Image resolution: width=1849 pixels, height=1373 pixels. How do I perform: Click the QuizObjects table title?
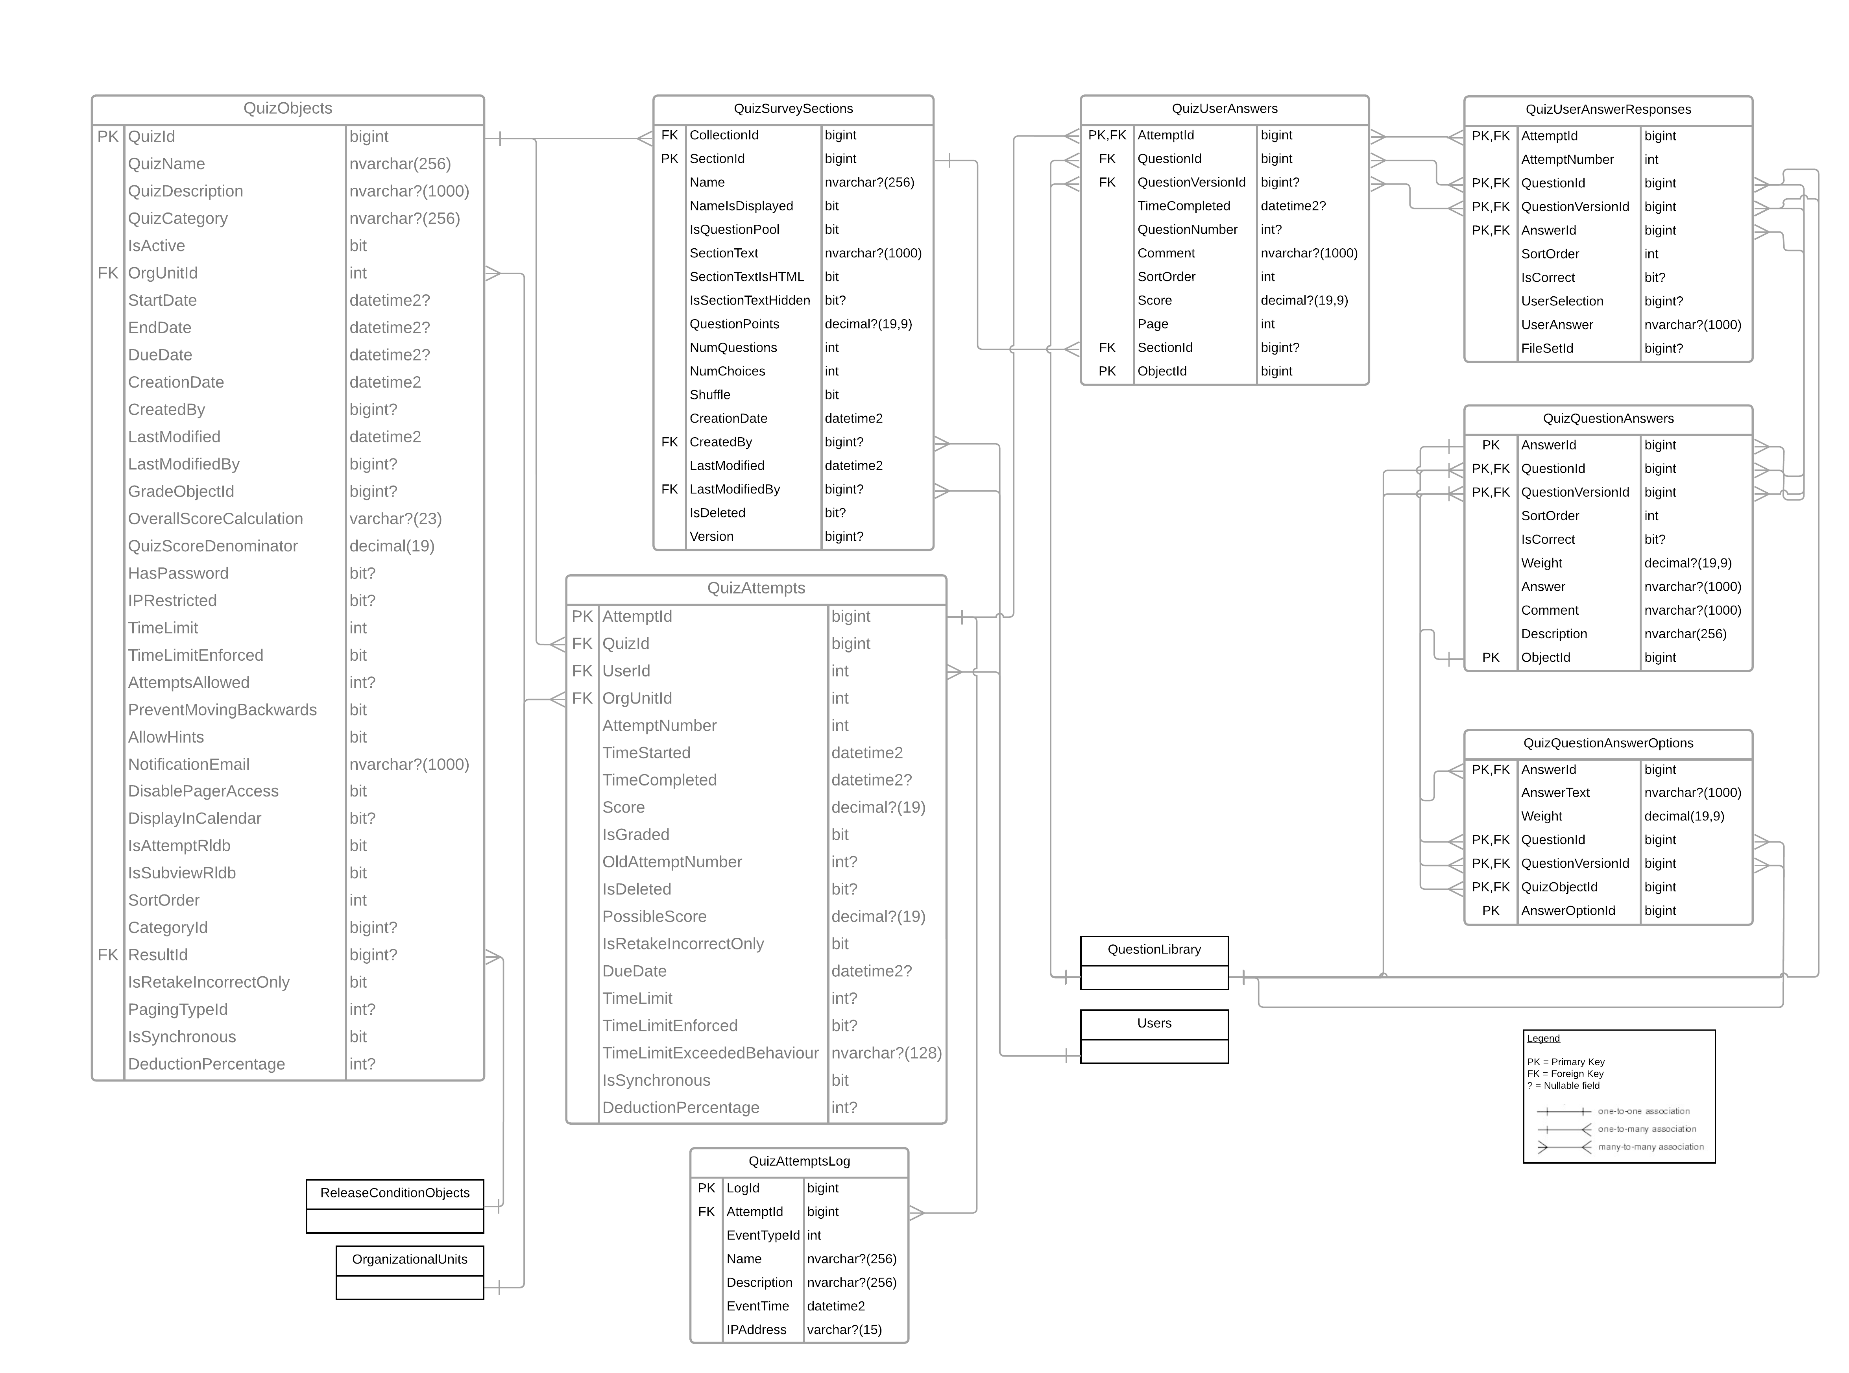click(x=288, y=108)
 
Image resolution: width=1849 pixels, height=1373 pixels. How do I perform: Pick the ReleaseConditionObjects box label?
click(x=395, y=1193)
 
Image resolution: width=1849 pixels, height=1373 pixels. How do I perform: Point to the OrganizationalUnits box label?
click(x=410, y=1259)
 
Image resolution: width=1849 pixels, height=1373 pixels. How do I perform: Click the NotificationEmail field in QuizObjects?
click(x=188, y=764)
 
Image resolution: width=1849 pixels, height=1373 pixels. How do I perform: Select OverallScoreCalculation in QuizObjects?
click(x=215, y=519)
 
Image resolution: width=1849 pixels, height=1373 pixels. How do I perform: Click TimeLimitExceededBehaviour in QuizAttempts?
click(x=711, y=1053)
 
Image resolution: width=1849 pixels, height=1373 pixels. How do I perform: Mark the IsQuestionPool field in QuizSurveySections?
click(x=735, y=229)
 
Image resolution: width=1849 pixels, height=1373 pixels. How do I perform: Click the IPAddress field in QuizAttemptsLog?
click(x=756, y=1330)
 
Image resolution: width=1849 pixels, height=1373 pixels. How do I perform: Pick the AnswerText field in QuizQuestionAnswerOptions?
click(x=1555, y=793)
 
